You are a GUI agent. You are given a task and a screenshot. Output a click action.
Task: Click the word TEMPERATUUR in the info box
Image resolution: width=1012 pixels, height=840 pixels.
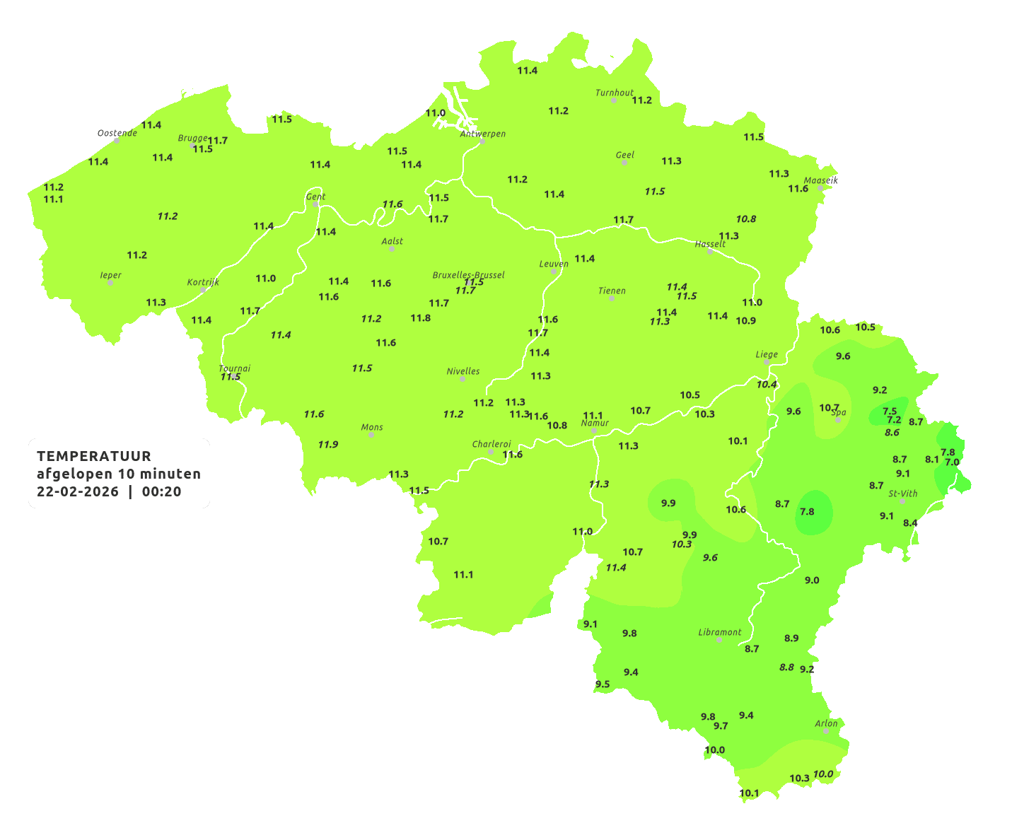tap(94, 456)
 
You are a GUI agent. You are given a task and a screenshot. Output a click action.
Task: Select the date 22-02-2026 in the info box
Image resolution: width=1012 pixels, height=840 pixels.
tap(78, 492)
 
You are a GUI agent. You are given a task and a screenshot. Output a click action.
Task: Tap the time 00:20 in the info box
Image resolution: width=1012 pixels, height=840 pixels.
tap(161, 492)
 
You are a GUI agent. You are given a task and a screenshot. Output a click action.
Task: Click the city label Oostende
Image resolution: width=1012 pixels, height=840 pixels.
tap(117, 133)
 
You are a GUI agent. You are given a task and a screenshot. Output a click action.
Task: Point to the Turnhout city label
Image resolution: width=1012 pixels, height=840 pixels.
tap(615, 93)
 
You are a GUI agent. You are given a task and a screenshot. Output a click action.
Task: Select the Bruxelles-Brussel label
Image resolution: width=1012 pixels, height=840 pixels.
tap(468, 274)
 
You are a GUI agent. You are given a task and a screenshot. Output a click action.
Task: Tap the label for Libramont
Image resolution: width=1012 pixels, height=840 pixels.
tap(719, 632)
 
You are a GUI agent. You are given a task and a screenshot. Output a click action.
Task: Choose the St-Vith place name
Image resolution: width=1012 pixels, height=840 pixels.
tap(902, 494)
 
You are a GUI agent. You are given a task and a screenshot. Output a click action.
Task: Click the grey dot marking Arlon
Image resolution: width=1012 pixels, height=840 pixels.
tap(825, 730)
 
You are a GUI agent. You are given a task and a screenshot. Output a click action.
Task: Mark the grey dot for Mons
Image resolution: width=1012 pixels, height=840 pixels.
tap(371, 435)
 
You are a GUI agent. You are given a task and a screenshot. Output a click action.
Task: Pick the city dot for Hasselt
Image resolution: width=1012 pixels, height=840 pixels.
tap(710, 251)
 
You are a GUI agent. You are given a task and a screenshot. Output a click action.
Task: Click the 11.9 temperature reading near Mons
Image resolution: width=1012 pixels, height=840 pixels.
tap(327, 445)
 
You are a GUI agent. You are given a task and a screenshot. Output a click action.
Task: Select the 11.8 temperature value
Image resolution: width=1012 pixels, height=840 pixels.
tap(420, 318)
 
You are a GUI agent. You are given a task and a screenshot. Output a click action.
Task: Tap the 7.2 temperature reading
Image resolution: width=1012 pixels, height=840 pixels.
tap(894, 420)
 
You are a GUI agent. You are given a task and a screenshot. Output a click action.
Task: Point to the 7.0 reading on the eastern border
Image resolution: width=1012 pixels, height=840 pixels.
tap(952, 462)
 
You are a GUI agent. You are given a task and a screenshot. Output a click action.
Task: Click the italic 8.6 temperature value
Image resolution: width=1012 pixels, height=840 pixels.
tap(892, 433)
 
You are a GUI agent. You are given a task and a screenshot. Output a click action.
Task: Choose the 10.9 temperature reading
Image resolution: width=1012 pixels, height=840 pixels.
tap(745, 321)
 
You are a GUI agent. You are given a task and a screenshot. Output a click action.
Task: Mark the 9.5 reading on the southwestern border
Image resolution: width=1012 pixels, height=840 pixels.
tap(602, 684)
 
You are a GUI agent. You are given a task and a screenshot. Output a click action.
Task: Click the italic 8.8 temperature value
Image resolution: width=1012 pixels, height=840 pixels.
tap(786, 667)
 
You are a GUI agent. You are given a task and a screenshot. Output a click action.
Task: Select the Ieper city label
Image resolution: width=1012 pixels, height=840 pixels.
tap(110, 275)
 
